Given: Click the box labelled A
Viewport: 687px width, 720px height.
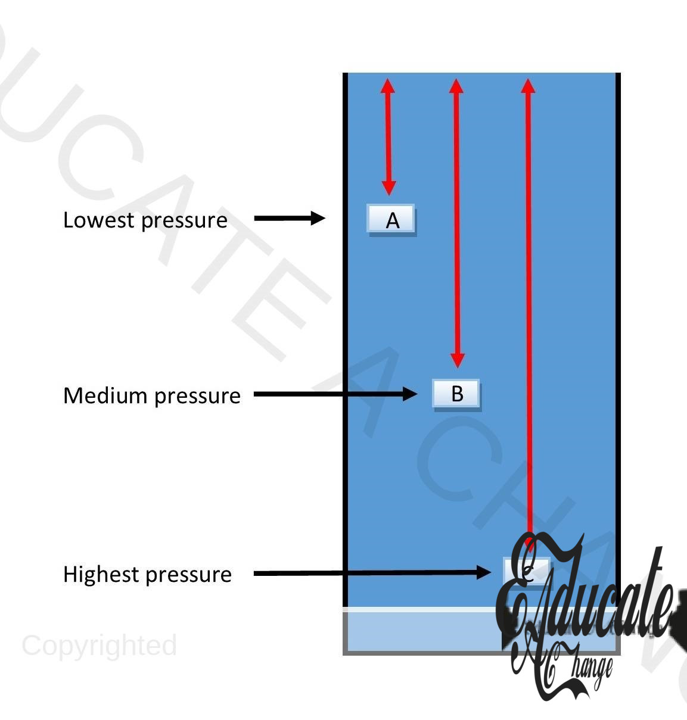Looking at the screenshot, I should (391, 220).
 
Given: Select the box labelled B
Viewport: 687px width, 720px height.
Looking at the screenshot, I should (456, 394).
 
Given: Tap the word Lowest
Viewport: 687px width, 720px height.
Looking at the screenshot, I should (99, 220).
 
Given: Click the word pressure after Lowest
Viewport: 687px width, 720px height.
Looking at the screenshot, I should (185, 221).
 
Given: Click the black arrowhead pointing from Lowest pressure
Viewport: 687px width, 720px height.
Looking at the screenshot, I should (317, 218).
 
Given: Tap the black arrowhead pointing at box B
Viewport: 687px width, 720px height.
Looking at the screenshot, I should (410, 394).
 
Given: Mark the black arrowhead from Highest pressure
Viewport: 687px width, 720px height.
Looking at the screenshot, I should (483, 573).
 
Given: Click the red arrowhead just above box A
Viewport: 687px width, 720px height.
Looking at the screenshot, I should (388, 188).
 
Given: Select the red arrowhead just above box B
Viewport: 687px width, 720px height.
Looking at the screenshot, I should (457, 360).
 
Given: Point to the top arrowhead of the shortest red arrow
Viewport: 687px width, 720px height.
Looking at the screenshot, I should (388, 86).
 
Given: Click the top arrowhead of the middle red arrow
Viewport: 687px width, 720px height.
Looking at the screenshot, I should (456, 86).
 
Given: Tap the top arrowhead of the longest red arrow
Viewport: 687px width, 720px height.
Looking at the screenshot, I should (528, 86).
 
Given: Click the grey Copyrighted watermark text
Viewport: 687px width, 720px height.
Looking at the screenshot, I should (99, 646).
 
